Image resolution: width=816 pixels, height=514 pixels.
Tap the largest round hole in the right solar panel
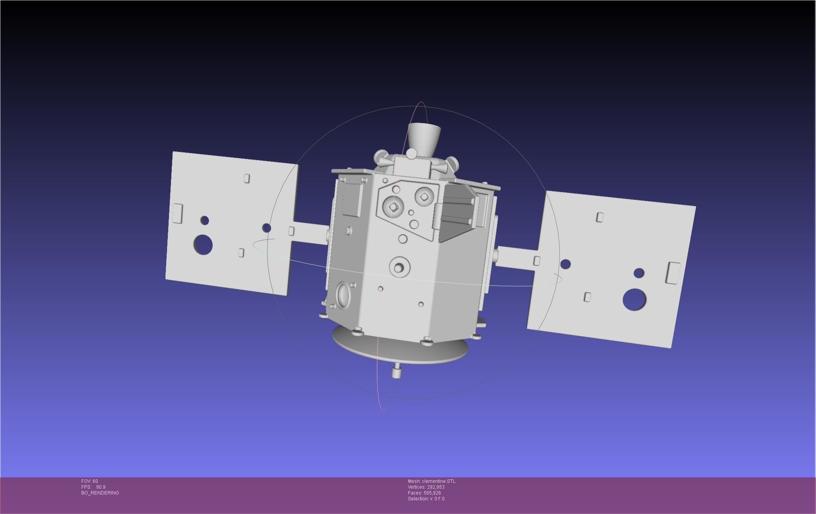pyautogui.click(x=634, y=299)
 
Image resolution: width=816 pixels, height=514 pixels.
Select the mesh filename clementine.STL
pyautogui.click(x=438, y=481)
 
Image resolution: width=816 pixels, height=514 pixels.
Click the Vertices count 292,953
pyautogui.click(x=436, y=487)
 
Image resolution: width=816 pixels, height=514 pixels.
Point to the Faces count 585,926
pyautogui.click(x=432, y=493)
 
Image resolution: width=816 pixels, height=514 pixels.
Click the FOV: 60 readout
pyautogui.click(x=90, y=481)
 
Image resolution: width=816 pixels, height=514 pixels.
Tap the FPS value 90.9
pyautogui.click(x=100, y=487)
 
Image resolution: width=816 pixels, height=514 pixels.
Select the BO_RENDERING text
pyautogui.click(x=100, y=493)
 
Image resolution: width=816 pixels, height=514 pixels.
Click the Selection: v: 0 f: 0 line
pyautogui.click(x=426, y=499)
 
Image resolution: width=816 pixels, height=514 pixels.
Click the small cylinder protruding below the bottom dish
pyautogui.click(x=396, y=371)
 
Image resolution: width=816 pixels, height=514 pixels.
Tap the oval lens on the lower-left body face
pyautogui.click(x=343, y=295)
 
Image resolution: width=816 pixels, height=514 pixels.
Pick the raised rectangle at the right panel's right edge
pyautogui.click(x=673, y=273)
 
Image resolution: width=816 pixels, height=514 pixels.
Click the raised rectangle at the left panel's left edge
pyautogui.click(x=177, y=213)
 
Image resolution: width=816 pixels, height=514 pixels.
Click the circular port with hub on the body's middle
pyautogui.click(x=399, y=267)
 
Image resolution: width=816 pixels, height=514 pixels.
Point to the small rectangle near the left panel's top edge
pyautogui.click(x=246, y=178)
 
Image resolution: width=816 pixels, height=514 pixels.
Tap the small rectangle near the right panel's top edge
pyautogui.click(x=600, y=217)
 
